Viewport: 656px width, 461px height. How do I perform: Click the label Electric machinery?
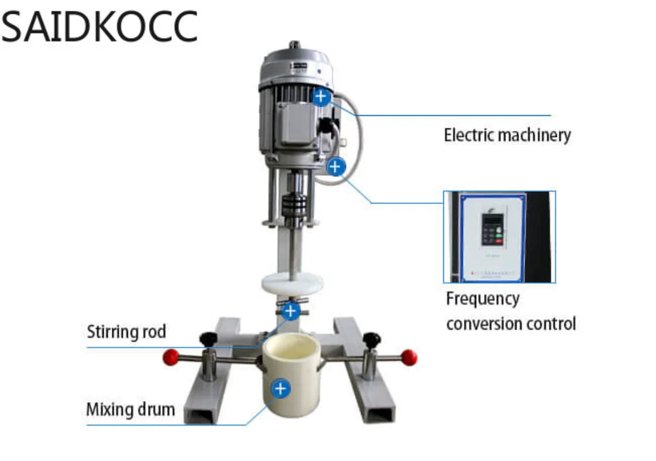coord(507,135)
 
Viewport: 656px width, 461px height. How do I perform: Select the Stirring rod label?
coord(126,332)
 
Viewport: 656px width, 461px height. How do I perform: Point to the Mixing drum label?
coord(130,410)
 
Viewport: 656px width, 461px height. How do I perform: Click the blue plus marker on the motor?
coord(322,96)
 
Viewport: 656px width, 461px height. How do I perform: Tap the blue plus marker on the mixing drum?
coord(281,389)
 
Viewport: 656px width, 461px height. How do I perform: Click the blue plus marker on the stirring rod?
coord(291,311)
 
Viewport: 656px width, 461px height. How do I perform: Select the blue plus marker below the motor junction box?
coord(335,167)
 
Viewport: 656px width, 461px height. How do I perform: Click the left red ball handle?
coord(171,358)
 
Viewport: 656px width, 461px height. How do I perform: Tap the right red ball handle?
coord(409,358)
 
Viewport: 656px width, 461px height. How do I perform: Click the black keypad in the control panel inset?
coord(492,228)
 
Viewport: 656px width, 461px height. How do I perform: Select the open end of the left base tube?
coord(201,413)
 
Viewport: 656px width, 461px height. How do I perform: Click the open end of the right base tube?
coord(380,413)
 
